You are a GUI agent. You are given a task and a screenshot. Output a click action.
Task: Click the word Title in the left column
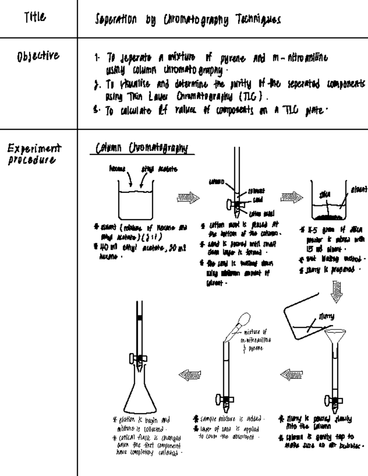point(35,17)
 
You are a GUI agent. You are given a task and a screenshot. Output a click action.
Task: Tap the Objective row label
point(38,56)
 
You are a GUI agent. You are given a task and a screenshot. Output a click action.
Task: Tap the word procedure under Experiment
point(32,160)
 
